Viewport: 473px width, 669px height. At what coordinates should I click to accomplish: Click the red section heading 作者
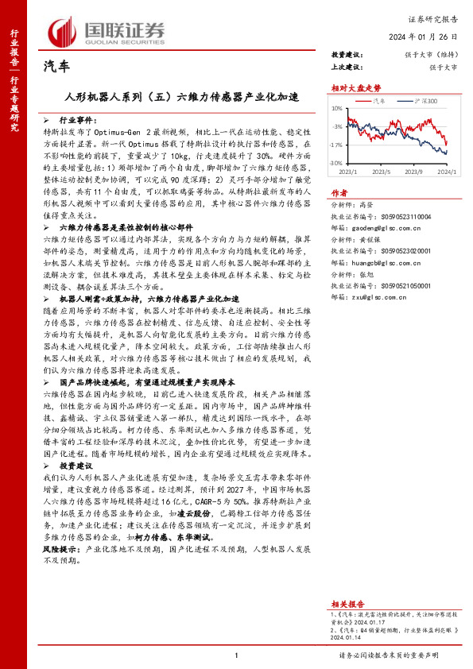click(339, 193)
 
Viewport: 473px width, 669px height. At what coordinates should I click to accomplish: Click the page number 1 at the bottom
click(237, 655)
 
